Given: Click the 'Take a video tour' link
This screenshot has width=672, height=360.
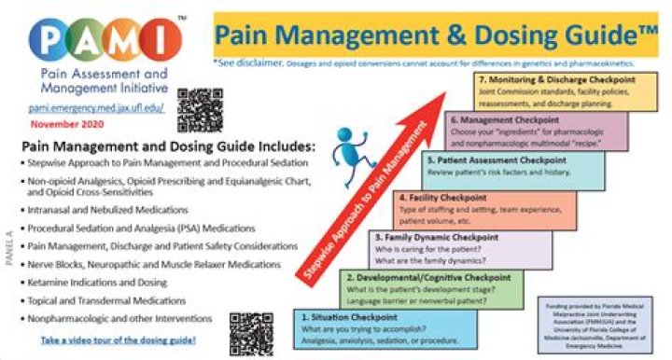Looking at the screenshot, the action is coord(119,342).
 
